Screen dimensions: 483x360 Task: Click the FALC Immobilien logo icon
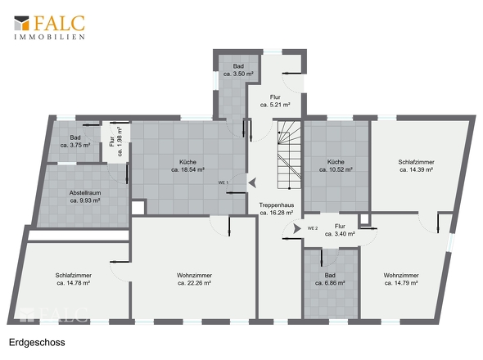coord(21,23)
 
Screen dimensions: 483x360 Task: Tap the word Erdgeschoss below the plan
coord(37,343)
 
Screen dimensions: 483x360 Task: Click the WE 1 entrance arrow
coord(253,182)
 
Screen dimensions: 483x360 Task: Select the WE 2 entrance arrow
coord(297,228)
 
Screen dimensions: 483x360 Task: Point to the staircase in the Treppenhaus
coord(289,155)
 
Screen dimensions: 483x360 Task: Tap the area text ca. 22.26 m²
coord(194,283)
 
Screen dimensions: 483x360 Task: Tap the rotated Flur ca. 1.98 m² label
coord(115,142)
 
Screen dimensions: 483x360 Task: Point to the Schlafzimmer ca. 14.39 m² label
coord(416,165)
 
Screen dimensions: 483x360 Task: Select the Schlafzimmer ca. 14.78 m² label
coord(74,279)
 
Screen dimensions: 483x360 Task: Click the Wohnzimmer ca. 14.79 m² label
coord(401,279)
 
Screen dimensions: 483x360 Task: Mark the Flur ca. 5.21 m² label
coord(275,101)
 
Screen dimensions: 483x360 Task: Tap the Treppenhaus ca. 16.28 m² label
coord(277,209)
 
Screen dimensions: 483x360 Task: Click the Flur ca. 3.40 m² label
coord(340,230)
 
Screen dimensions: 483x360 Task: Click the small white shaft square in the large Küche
coord(138,208)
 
